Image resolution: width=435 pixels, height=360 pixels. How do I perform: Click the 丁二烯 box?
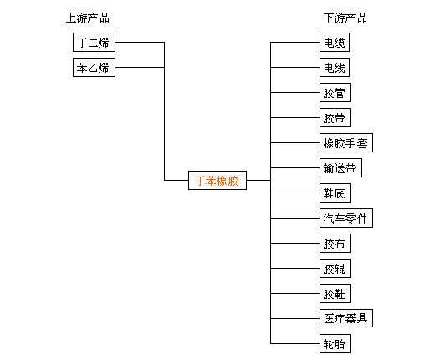[94, 42]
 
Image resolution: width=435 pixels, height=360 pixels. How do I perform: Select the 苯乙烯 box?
[94, 67]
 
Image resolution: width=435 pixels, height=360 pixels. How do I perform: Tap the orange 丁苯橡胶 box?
[217, 180]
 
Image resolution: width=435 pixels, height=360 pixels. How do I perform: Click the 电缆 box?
[335, 42]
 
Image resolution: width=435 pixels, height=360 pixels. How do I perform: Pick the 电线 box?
[335, 67]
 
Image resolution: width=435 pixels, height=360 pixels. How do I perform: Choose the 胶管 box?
[335, 92]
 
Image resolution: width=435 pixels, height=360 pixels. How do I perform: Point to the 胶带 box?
[335, 117]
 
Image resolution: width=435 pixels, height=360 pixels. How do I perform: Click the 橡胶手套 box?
[346, 142]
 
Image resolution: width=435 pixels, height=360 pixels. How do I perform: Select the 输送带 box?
[340, 167]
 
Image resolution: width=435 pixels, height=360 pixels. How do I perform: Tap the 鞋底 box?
[335, 193]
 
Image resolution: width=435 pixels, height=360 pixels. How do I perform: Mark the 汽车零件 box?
[346, 218]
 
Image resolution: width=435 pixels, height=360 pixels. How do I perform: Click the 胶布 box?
[335, 243]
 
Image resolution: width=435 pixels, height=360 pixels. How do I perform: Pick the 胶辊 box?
[335, 268]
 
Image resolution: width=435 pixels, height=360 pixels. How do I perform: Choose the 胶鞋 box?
[335, 293]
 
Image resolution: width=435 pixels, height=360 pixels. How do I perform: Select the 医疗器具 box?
[346, 318]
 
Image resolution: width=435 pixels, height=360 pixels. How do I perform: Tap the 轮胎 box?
[335, 343]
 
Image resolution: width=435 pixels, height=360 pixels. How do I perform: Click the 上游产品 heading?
[88, 18]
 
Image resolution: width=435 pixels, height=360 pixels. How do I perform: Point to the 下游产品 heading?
[345, 18]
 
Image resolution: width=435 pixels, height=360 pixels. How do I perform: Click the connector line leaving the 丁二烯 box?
[140, 42]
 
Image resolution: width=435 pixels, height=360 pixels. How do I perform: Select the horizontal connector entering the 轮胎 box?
[295, 343]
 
